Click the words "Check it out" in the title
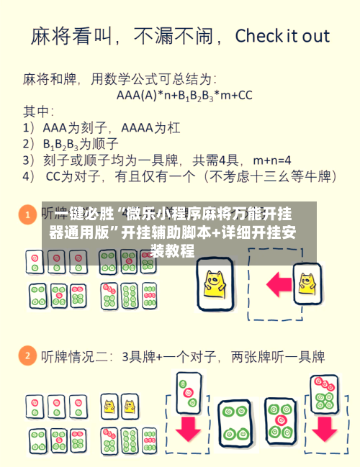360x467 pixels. pos(282,37)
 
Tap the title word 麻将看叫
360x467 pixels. pos(68,37)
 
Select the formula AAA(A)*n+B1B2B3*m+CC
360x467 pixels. pos(184,94)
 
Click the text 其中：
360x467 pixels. pos(38,112)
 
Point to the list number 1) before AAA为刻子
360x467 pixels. pos(29,127)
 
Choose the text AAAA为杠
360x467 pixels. pos(150,127)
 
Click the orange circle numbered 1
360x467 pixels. pos(27,214)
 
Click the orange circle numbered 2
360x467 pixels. pos(27,355)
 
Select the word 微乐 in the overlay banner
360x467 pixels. pos(141,214)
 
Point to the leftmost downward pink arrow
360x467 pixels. pos(189,427)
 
